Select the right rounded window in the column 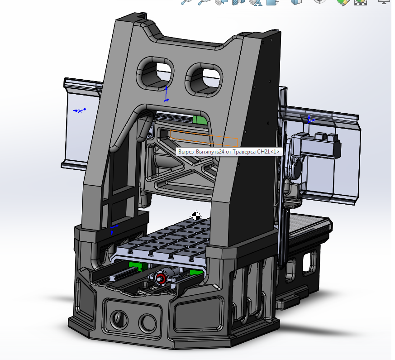[205, 79]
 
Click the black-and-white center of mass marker [196, 216]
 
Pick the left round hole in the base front [117, 319]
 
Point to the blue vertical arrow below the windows [166, 94]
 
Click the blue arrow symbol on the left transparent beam [80, 110]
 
